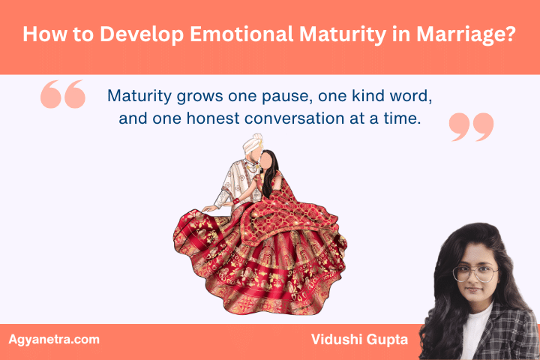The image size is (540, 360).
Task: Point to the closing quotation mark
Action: [471, 127]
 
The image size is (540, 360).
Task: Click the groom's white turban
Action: [250, 145]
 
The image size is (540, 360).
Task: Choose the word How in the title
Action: [43, 35]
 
